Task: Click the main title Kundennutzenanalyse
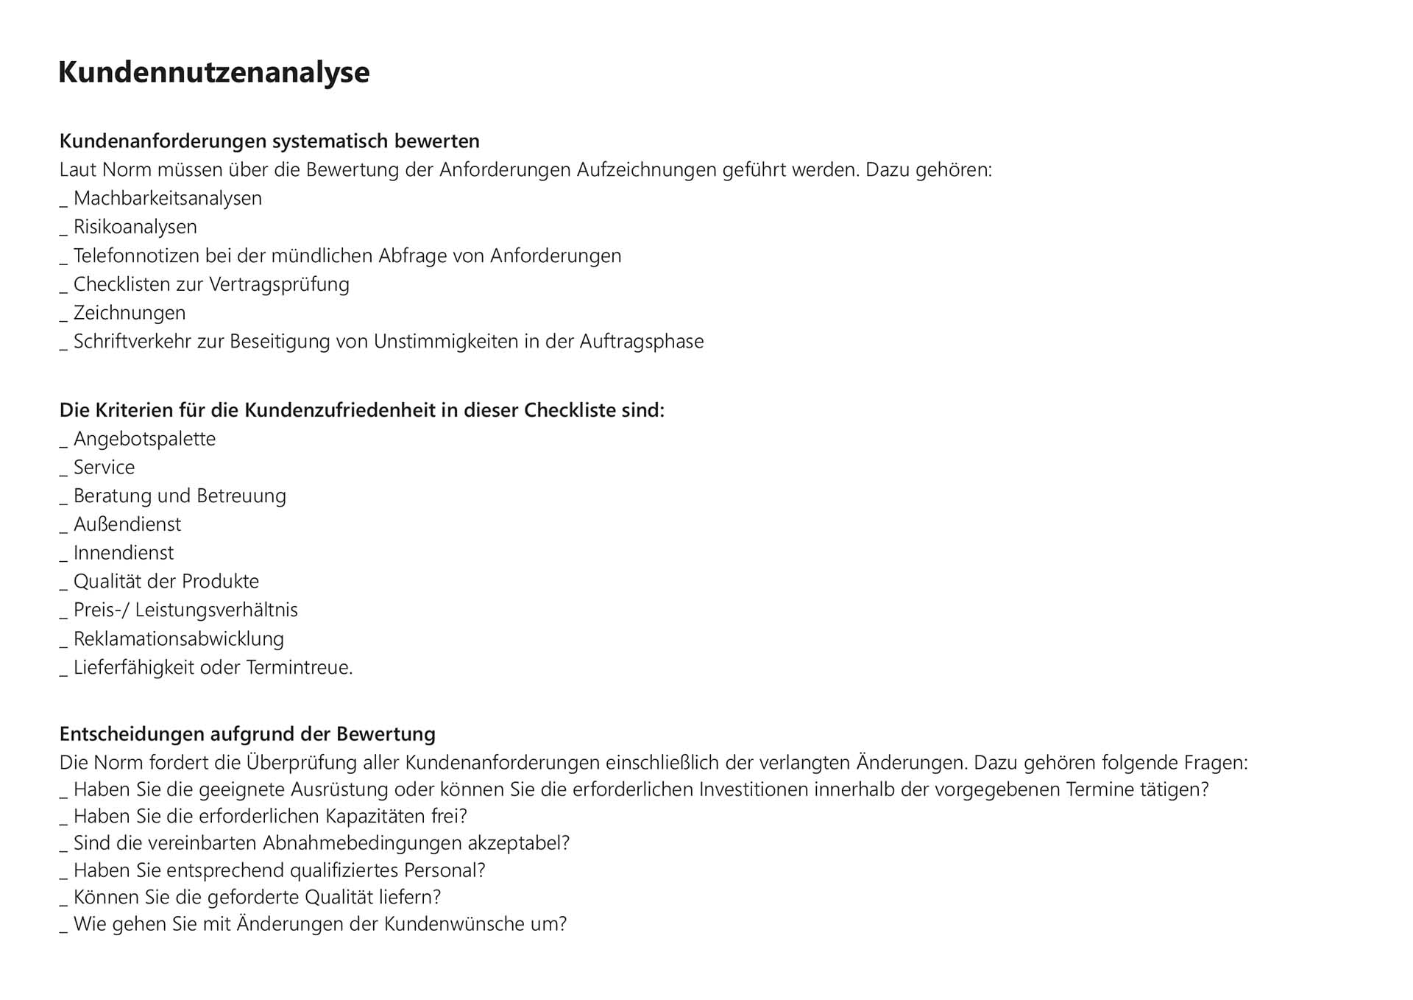(x=213, y=72)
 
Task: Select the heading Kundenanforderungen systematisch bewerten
(x=269, y=141)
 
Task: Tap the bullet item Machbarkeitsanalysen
(x=167, y=198)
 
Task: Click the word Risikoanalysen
(x=135, y=227)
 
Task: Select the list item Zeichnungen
(x=129, y=313)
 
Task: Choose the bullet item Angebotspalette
(x=144, y=439)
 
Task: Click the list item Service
(x=104, y=468)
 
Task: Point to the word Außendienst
(x=127, y=524)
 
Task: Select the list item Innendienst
(x=124, y=553)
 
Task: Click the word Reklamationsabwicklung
(x=178, y=638)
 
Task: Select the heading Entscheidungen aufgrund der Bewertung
(x=247, y=734)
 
